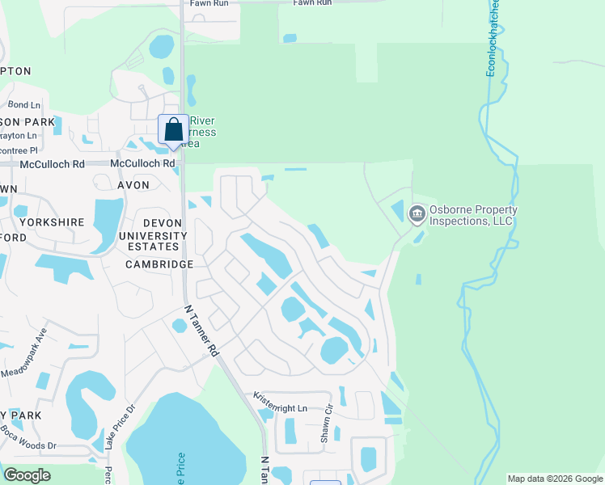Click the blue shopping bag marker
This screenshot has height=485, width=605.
pos(173,131)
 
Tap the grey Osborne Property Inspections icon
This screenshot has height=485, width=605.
pos(417,214)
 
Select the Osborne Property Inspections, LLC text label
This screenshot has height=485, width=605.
pos(473,215)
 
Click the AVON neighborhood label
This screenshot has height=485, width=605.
pos(133,185)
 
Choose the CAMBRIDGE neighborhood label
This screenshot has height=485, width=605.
pos(159,264)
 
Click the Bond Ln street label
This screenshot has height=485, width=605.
pos(23,105)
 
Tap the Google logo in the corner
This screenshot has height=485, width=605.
pos(27,474)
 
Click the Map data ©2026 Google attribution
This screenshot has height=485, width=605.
pos(554,479)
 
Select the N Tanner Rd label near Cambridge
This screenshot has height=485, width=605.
pos(201,331)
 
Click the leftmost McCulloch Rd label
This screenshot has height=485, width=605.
pos(42,163)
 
